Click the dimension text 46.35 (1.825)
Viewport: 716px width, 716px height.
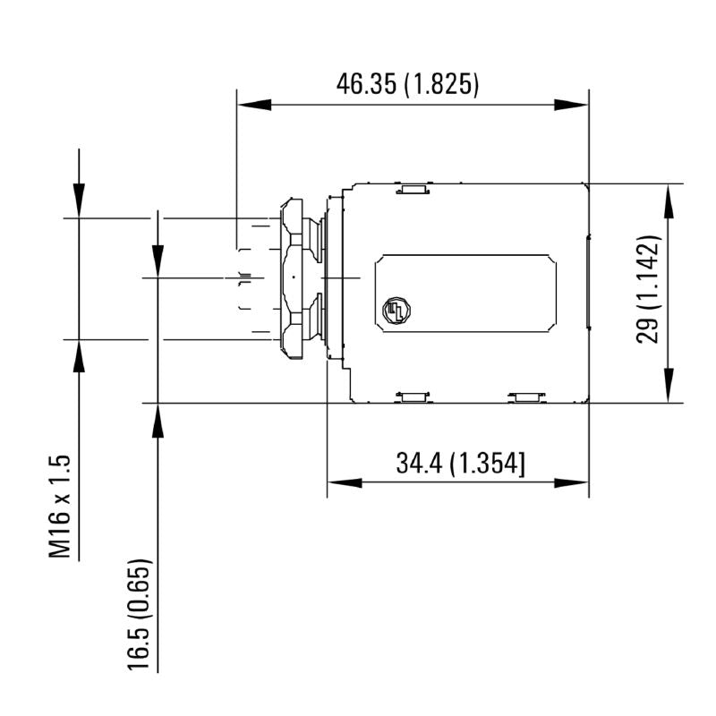408,85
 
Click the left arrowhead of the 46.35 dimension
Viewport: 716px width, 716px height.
253,105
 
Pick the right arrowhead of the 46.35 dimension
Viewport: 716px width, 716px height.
572,105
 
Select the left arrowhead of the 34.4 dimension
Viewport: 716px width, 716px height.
344,483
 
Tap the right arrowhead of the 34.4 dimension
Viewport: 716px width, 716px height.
572,483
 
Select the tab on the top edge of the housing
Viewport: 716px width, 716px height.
413,189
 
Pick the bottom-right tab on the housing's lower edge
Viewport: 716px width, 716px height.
525,396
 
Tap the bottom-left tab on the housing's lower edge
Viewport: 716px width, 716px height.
413,396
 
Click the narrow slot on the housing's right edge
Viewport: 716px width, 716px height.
586,280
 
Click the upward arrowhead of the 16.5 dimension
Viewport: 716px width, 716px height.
158,421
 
